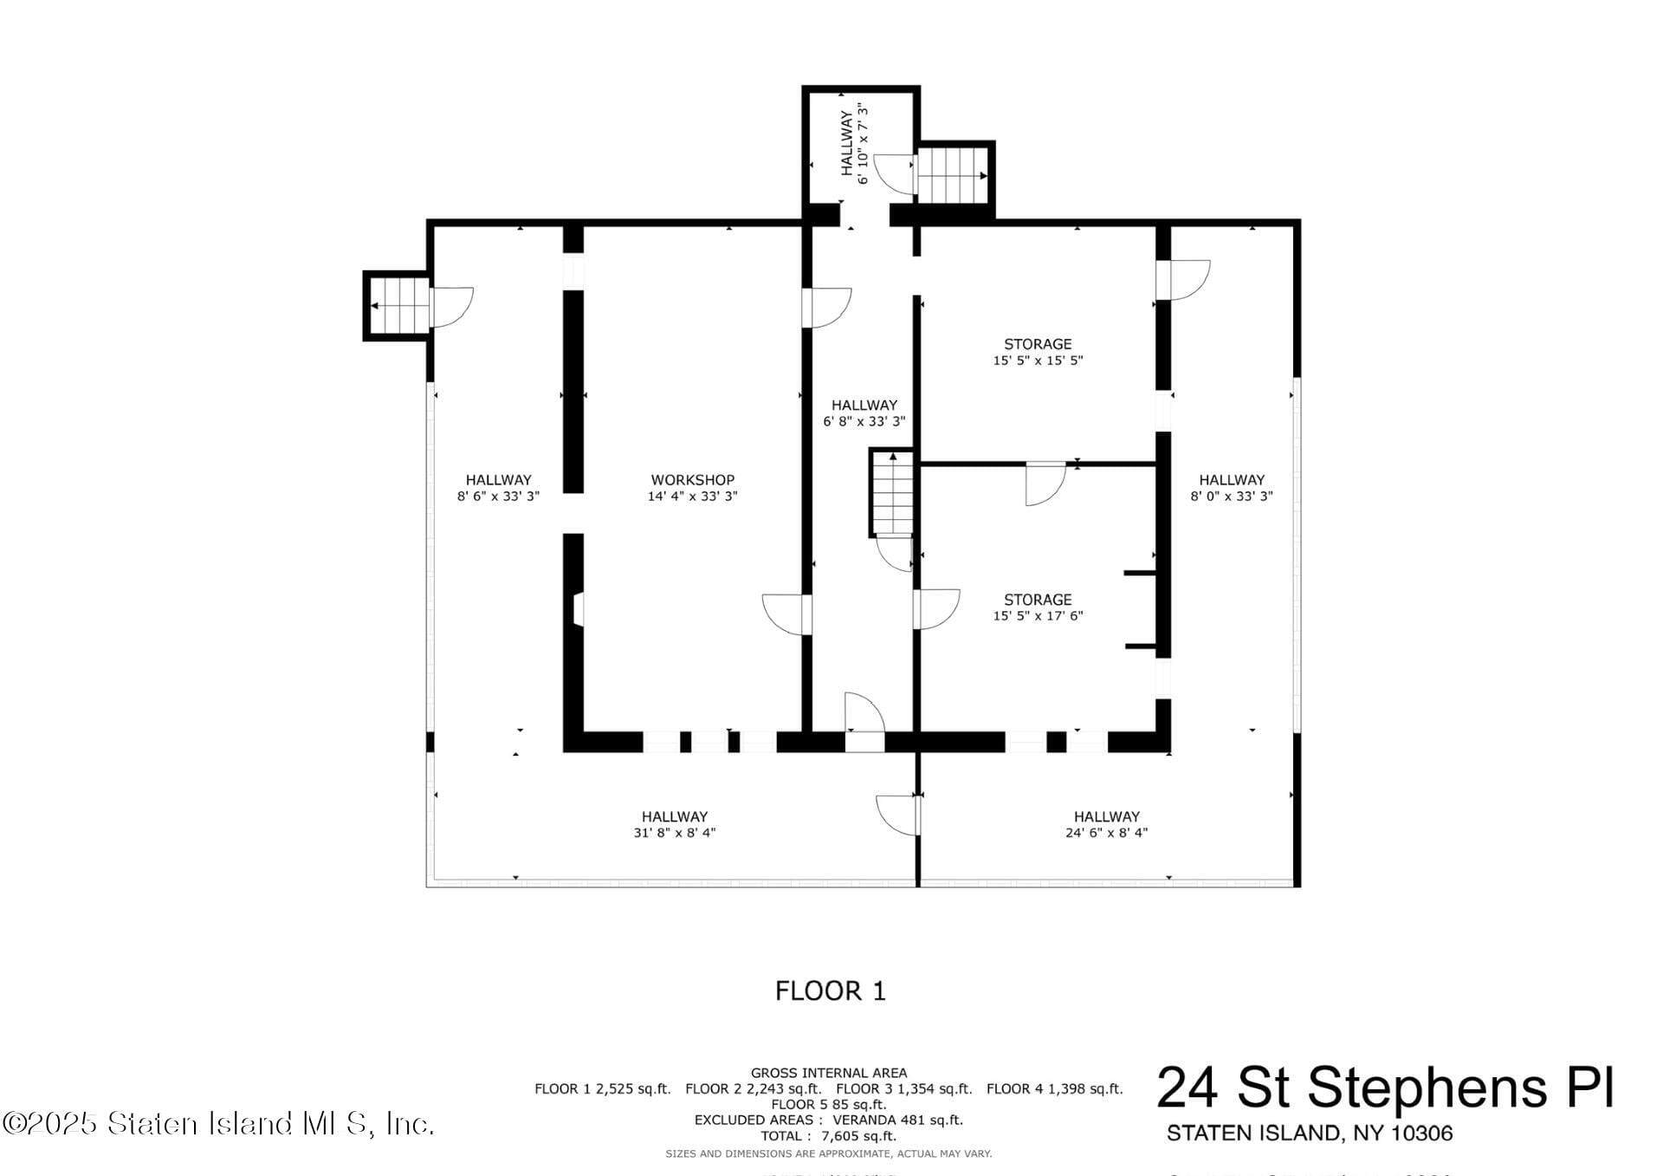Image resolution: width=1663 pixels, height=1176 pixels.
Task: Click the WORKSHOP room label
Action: click(692, 479)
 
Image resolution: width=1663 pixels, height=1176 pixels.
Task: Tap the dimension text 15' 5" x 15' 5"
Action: click(1038, 361)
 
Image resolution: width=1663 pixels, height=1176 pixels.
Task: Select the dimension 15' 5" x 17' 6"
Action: click(1038, 616)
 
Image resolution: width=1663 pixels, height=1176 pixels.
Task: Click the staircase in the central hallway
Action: click(892, 493)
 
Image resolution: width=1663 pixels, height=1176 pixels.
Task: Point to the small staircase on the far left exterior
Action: click(397, 305)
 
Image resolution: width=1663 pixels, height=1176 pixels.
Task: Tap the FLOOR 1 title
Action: click(830, 991)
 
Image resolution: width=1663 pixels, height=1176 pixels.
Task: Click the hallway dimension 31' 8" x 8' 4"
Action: click(674, 833)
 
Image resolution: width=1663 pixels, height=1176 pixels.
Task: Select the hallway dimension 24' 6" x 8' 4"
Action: click(1106, 833)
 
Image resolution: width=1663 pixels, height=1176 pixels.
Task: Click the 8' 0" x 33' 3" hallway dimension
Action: click(1231, 497)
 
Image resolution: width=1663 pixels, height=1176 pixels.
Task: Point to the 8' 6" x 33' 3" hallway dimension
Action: click(498, 497)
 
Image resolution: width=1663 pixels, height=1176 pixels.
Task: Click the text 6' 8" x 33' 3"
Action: click(864, 422)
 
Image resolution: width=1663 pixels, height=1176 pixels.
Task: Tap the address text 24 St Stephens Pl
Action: click(1385, 1088)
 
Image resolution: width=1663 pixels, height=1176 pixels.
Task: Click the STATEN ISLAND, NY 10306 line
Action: click(1309, 1133)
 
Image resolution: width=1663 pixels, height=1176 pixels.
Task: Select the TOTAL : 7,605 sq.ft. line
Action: click(828, 1135)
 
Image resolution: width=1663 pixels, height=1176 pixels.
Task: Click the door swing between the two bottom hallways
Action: click(897, 815)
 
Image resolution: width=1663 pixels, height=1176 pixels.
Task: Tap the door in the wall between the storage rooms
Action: click(1045, 484)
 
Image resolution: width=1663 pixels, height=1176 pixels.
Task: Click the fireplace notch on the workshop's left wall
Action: click(578, 608)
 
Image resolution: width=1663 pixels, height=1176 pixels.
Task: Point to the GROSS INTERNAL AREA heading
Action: click(828, 1073)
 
